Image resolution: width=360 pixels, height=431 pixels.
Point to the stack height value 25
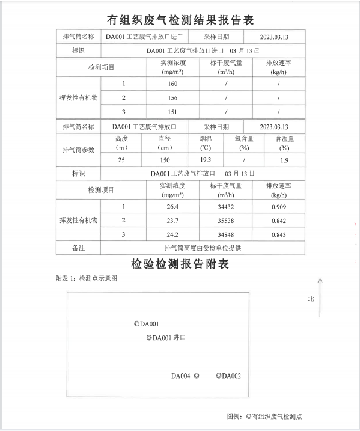(x=121, y=160)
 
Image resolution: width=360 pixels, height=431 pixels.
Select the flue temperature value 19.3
(x=205, y=160)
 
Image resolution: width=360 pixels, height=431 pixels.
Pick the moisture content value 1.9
(x=284, y=160)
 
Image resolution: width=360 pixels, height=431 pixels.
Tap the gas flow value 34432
(x=226, y=207)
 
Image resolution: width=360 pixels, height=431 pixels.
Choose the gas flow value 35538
(x=226, y=221)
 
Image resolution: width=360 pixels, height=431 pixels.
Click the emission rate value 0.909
(x=278, y=207)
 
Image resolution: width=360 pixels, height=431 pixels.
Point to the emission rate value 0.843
(x=278, y=234)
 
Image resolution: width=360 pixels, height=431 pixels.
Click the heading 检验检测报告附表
(x=180, y=264)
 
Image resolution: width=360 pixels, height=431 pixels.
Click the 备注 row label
(x=78, y=248)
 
